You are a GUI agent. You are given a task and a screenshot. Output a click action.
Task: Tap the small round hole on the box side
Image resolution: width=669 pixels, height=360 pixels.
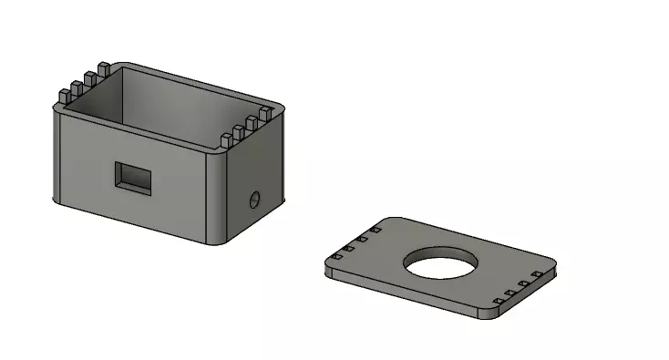[255, 199]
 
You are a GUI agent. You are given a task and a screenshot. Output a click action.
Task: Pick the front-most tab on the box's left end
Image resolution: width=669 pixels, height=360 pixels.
[65, 96]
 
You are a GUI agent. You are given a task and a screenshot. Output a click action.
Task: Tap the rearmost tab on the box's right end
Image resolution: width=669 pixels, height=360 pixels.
[265, 114]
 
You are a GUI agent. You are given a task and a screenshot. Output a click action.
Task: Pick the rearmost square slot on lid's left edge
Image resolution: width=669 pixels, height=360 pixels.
[375, 231]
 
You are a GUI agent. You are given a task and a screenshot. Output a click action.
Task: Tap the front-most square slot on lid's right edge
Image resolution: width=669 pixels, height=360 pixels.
[497, 302]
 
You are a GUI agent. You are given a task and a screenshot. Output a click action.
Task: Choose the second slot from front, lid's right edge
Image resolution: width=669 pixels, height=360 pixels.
[510, 293]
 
